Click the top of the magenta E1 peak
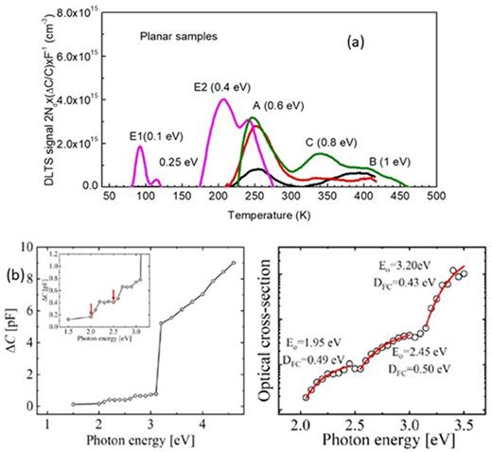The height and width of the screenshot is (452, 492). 88,147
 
